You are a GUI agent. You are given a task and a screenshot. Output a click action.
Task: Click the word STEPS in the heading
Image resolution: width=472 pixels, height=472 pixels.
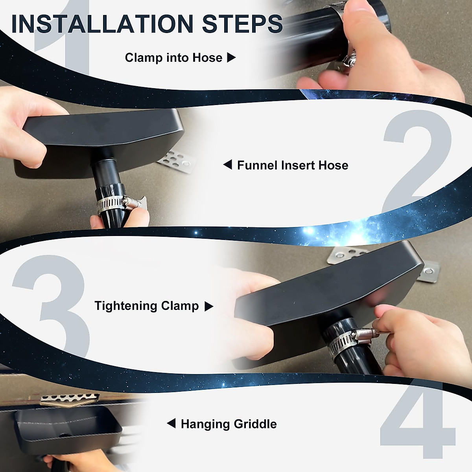242,24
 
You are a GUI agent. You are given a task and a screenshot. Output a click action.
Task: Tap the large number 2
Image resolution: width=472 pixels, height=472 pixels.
417,161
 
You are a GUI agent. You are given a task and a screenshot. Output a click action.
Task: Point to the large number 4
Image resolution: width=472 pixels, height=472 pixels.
417,425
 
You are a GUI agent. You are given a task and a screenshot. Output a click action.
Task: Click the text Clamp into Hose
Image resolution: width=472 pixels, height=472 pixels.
173,58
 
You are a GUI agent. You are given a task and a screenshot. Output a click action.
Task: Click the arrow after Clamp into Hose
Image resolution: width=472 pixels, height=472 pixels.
232,58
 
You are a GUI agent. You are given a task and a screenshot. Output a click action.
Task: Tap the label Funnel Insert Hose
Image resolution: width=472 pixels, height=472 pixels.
293,165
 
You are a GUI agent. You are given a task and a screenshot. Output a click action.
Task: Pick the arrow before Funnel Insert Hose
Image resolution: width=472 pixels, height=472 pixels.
228,165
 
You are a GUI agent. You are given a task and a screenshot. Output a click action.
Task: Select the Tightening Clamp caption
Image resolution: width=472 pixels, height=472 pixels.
146,306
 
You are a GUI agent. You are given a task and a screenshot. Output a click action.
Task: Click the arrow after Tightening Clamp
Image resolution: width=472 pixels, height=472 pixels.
209,306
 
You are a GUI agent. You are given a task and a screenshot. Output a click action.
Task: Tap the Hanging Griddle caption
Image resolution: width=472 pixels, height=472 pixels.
229,424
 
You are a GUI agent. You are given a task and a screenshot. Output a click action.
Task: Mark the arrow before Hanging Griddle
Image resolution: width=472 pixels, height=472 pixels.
171,424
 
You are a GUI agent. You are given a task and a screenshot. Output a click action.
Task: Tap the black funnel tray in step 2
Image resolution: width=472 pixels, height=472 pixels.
98,138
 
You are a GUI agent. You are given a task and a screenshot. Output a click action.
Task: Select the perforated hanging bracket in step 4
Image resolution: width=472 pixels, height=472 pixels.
69,399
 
